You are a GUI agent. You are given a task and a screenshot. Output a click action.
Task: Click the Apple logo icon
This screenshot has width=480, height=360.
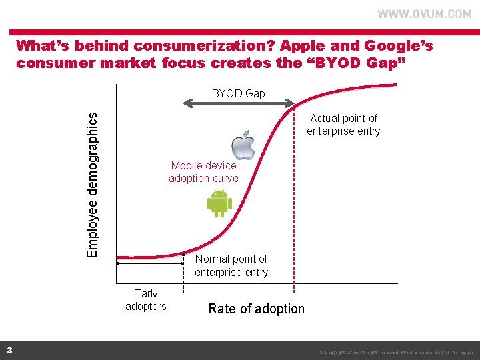(243, 145)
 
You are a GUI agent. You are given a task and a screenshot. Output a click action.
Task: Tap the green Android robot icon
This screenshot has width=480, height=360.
(219, 203)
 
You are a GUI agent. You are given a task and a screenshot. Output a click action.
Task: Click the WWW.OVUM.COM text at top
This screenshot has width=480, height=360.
(425, 14)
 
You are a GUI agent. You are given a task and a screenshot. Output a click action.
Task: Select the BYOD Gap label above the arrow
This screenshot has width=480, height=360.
(238, 93)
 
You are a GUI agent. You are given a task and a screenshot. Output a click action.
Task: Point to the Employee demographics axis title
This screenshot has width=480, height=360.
(94, 184)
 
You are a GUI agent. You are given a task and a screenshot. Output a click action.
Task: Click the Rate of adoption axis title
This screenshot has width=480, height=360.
(256, 309)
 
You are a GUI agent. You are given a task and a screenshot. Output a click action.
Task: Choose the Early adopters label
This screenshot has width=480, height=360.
(146, 300)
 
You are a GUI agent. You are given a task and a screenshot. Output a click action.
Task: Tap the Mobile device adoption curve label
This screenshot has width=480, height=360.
(203, 172)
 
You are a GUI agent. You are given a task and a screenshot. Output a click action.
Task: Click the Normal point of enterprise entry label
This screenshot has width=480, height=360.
(231, 265)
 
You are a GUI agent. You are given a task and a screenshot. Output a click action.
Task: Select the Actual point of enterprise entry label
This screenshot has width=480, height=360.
(343, 125)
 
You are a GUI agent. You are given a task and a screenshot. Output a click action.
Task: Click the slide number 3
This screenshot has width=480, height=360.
(9, 350)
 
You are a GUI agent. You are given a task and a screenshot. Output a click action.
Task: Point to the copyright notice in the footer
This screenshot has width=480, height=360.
(396, 351)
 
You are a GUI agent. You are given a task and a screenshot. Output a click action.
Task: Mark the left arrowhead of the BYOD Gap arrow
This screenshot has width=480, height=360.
(187, 103)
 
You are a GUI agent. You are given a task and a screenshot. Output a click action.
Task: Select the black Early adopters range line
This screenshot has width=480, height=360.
(150, 264)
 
